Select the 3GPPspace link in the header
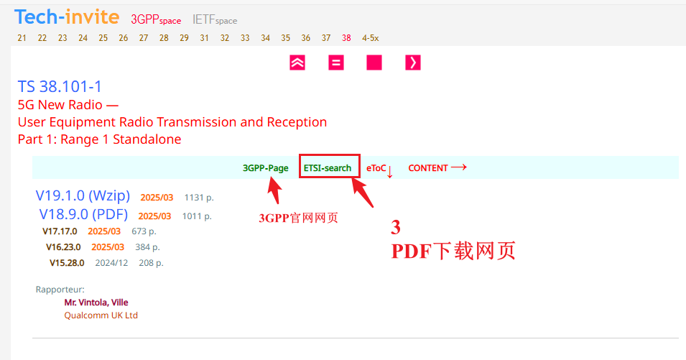pyautogui.click(x=156, y=19)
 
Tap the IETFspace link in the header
pyautogui.click(x=214, y=19)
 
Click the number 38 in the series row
pyautogui.click(x=347, y=37)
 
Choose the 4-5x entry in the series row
pyautogui.click(x=371, y=37)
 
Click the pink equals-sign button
pyautogui.click(x=335, y=63)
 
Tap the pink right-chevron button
pyautogui.click(x=412, y=63)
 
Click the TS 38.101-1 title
pyautogui.click(x=60, y=87)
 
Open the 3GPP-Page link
pyautogui.click(x=266, y=168)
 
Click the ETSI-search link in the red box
pyautogui.click(x=328, y=168)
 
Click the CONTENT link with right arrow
pyautogui.click(x=437, y=168)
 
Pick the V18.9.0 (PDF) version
pyautogui.click(x=83, y=214)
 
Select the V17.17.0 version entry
pyautogui.click(x=60, y=231)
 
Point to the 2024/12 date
pyautogui.click(x=111, y=263)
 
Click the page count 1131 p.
pyautogui.click(x=199, y=197)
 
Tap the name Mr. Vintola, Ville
pyautogui.click(x=96, y=303)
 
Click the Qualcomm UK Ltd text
pyautogui.click(x=101, y=315)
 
